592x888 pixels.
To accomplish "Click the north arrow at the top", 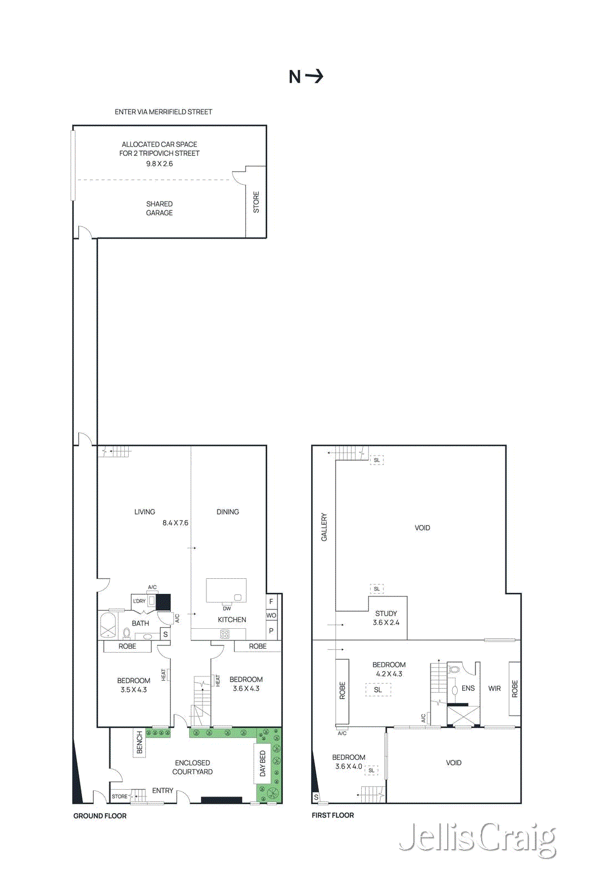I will click(306, 76).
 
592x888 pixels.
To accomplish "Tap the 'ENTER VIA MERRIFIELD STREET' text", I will click(163, 112).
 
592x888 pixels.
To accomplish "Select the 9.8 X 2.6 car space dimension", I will click(159, 164).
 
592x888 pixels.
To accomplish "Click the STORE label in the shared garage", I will click(256, 202).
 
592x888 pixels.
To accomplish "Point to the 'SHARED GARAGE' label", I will click(159, 208).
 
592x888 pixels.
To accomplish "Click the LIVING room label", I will click(144, 512).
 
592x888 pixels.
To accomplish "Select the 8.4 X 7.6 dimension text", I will click(175, 523).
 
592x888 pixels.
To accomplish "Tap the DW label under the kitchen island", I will click(226, 609).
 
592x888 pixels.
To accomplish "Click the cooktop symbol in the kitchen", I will click(225, 634).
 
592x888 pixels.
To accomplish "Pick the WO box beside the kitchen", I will click(271, 615).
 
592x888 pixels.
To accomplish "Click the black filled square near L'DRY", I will click(163, 602).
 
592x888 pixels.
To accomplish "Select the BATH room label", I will click(140, 623).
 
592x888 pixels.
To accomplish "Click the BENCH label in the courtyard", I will click(139, 742).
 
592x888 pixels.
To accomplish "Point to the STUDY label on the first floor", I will click(386, 613).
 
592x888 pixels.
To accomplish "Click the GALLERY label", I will click(324, 527).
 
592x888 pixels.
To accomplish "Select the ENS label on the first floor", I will click(468, 688).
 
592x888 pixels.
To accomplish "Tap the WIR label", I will click(494, 688).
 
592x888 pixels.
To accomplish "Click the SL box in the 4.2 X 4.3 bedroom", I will click(378, 689).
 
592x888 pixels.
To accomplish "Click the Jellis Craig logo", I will click(477, 838).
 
